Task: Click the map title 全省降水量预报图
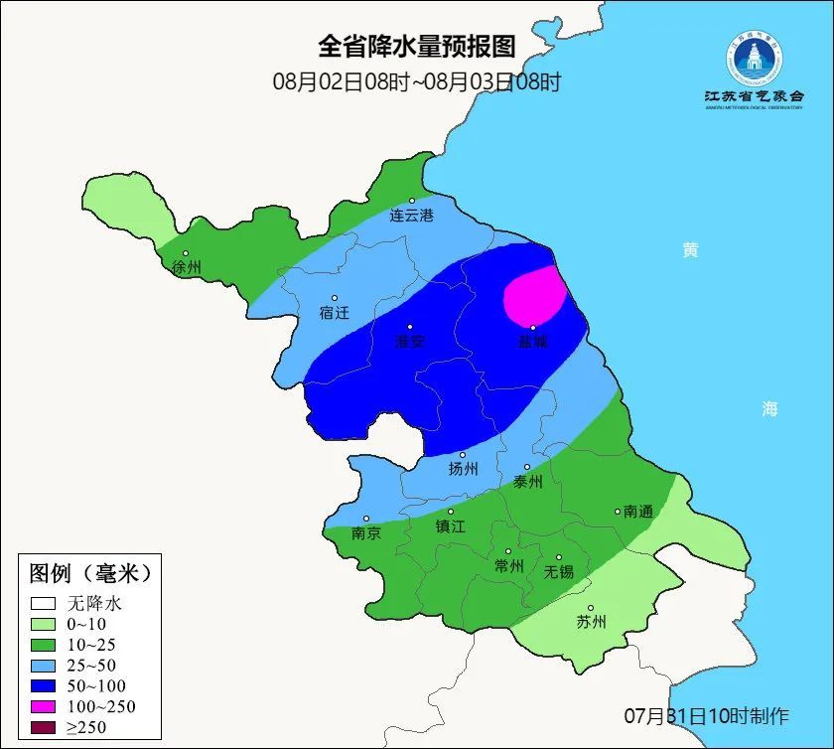click(x=417, y=47)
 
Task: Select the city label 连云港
click(x=411, y=215)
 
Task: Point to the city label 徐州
click(x=187, y=267)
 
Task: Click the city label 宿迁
click(x=335, y=312)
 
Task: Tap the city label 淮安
click(x=410, y=341)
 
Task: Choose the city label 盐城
click(x=532, y=341)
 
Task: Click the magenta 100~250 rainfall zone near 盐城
click(x=534, y=295)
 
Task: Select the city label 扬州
click(x=463, y=468)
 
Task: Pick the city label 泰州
click(x=527, y=481)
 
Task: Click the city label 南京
click(x=366, y=532)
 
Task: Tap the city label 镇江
click(x=451, y=526)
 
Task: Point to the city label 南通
click(x=638, y=512)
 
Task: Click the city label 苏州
click(x=591, y=623)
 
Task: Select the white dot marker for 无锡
click(x=558, y=557)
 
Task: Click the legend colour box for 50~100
click(x=43, y=685)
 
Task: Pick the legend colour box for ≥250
click(x=43, y=727)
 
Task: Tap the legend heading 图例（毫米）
click(x=89, y=573)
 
